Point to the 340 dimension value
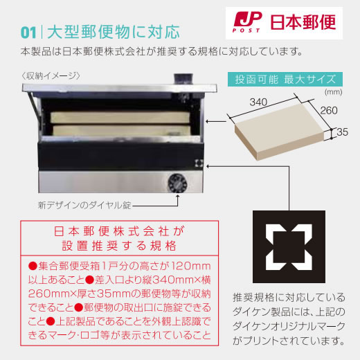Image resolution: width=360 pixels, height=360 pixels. (258, 102)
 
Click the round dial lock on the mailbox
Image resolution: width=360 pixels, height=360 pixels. (176, 183)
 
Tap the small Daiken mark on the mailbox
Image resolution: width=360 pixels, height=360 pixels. (199, 165)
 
